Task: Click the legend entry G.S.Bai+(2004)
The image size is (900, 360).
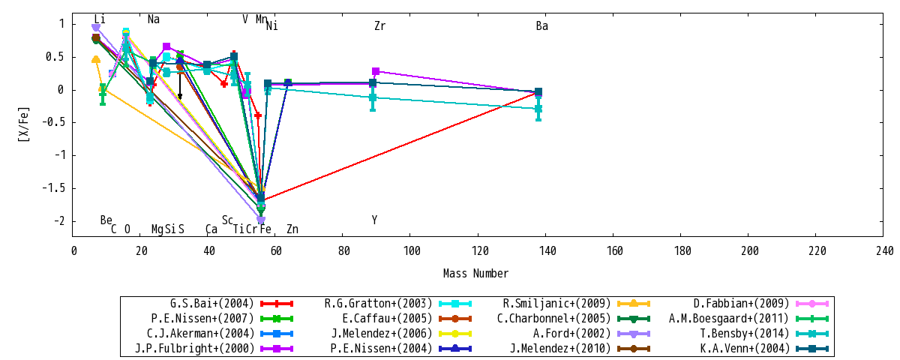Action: (212, 303)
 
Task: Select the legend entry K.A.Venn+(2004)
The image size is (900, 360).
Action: (745, 348)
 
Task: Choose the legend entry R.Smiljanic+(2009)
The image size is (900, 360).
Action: (556, 303)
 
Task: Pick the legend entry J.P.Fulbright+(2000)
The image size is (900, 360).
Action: (194, 348)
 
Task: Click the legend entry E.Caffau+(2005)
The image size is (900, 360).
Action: (387, 318)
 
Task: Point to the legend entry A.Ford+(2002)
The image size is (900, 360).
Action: (571, 334)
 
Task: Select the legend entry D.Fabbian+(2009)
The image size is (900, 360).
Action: (741, 303)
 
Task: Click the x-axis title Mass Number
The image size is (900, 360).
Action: (475, 274)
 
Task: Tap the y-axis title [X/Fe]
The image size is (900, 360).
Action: (23, 124)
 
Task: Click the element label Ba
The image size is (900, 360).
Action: (542, 26)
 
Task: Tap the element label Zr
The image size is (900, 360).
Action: (380, 26)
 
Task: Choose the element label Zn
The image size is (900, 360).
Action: (292, 229)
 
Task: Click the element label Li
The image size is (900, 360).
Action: (99, 19)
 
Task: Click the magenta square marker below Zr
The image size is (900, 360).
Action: (376, 71)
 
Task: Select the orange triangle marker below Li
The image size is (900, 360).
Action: (96, 59)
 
